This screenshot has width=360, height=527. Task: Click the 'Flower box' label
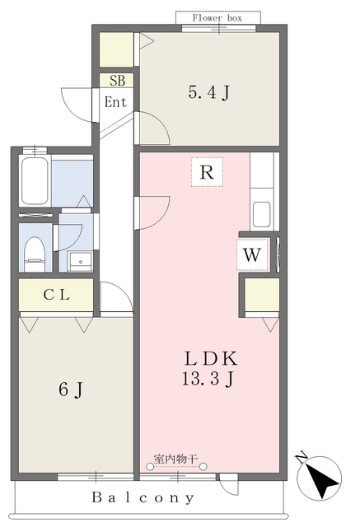click(x=217, y=18)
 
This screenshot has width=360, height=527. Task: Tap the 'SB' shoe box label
click(x=117, y=81)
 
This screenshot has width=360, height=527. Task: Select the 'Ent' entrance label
click(x=115, y=102)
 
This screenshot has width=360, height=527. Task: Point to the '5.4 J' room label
click(x=209, y=92)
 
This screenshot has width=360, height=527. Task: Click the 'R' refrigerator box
click(x=207, y=172)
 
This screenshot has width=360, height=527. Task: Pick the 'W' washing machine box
click(x=252, y=254)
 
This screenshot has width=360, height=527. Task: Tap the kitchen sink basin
click(x=261, y=214)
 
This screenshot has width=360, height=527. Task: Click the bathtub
click(x=35, y=181)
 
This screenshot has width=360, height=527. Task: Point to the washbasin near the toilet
click(x=81, y=261)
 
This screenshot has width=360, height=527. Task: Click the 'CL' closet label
click(x=57, y=295)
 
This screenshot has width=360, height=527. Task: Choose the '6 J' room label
click(x=71, y=389)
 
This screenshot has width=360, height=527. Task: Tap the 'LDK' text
click(x=211, y=359)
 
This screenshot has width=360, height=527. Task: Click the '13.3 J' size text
click(x=208, y=379)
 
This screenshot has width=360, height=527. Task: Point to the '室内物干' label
click(x=175, y=459)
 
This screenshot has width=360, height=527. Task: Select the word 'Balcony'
click(x=143, y=497)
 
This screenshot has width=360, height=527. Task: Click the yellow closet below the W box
click(x=262, y=295)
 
